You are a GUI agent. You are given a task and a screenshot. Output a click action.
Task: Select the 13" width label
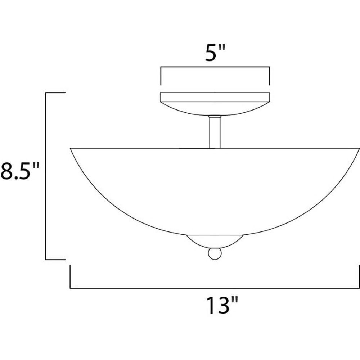(x=222, y=305)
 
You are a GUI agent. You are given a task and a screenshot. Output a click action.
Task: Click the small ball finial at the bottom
(x=215, y=254)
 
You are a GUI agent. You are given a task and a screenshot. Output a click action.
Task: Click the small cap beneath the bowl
(x=215, y=241)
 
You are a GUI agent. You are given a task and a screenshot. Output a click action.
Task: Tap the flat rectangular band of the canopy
(x=215, y=97)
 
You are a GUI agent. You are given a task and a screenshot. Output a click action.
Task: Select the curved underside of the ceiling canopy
(x=215, y=109)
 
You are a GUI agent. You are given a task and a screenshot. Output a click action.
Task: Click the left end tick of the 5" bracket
(x=161, y=76)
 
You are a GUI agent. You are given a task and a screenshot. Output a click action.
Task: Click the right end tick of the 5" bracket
(x=269, y=76)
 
